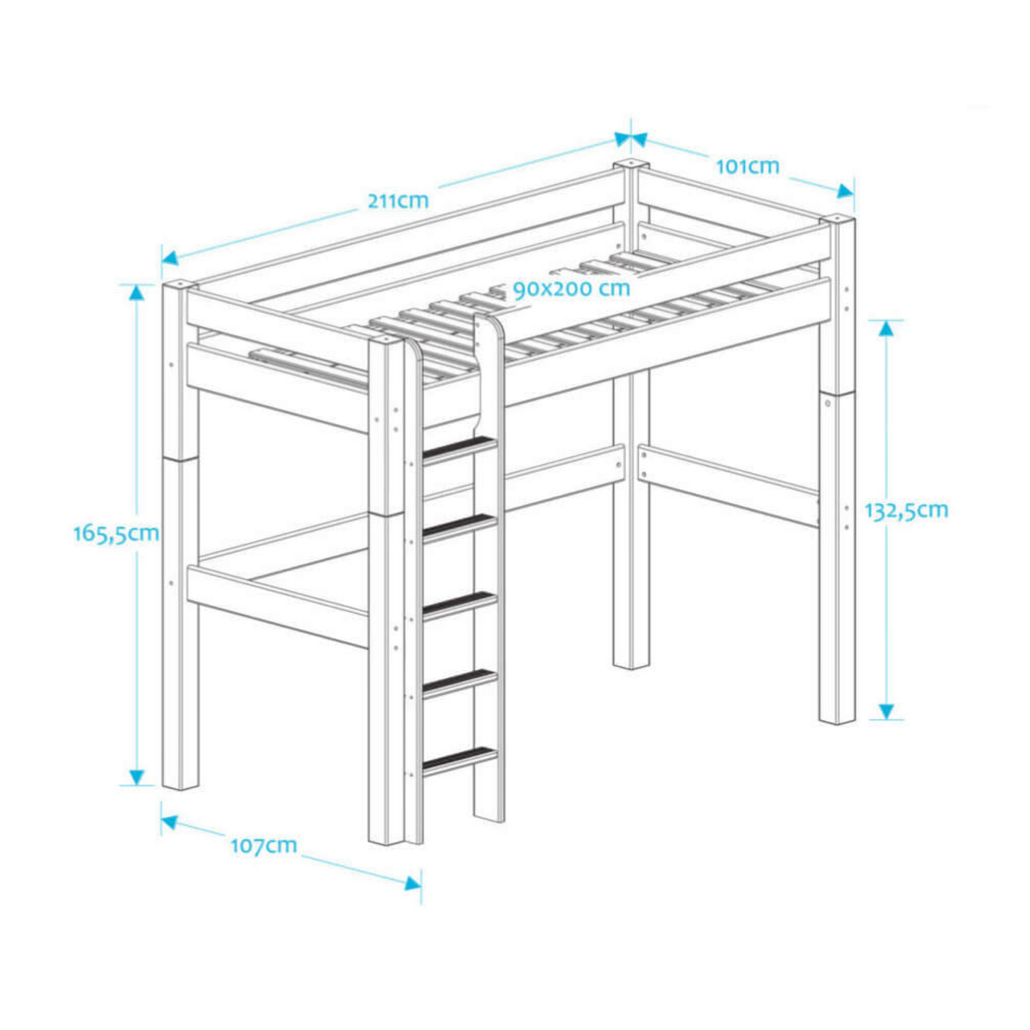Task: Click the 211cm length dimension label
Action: click(x=398, y=201)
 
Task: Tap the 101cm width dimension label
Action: click(x=747, y=167)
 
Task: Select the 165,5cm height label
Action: click(x=116, y=533)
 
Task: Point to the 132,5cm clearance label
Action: click(x=906, y=510)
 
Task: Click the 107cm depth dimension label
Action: click(x=263, y=845)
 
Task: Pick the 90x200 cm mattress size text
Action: click(x=571, y=289)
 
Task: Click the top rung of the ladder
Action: click(x=460, y=448)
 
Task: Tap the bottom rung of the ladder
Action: click(x=460, y=760)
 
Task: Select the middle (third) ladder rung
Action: click(x=460, y=604)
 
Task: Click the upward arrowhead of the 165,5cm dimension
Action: click(x=136, y=292)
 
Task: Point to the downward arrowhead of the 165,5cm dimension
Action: click(x=136, y=777)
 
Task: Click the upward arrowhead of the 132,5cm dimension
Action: click(x=886, y=328)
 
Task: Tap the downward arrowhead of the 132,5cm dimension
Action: click(x=886, y=711)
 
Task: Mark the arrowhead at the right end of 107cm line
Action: click(x=413, y=883)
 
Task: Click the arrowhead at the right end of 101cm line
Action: click(x=845, y=190)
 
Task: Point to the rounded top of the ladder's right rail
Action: click(x=490, y=324)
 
